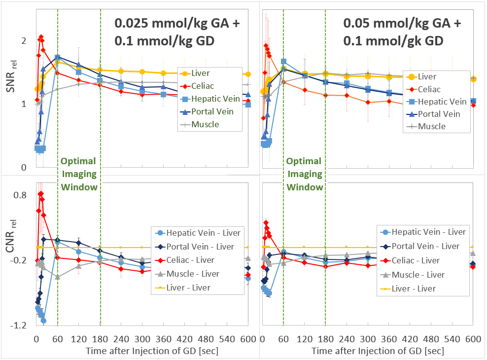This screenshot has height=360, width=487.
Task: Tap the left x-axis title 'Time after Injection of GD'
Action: click(x=151, y=351)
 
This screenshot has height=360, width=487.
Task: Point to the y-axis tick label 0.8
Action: click(x=20, y=195)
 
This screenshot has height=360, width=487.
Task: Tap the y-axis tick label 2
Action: click(x=24, y=41)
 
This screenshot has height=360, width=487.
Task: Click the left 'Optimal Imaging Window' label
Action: click(x=79, y=174)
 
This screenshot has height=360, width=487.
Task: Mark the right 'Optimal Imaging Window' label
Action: click(x=305, y=174)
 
